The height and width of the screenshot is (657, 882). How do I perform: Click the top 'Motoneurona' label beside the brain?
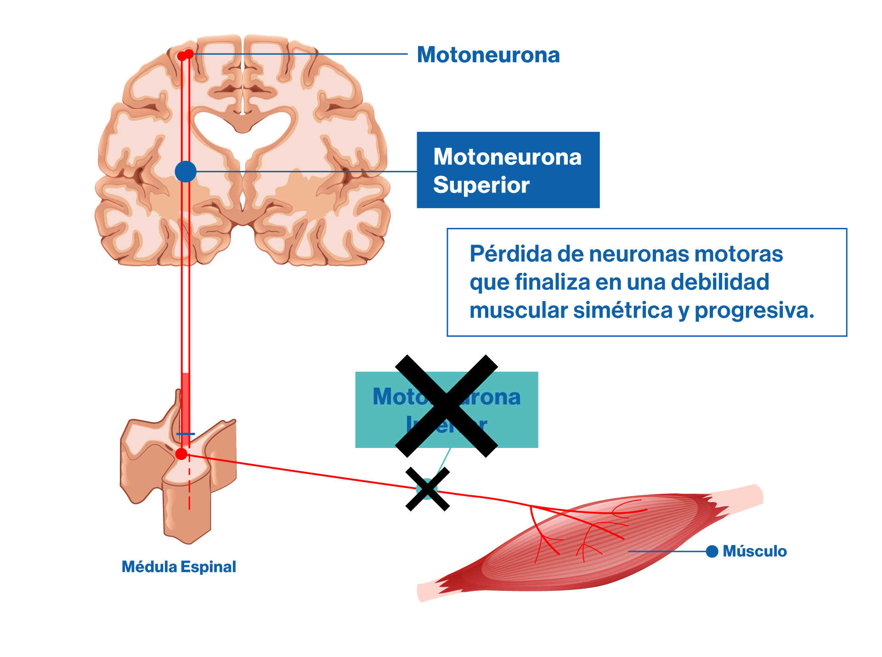(488, 55)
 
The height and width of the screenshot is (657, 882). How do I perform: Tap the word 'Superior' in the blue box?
(481, 185)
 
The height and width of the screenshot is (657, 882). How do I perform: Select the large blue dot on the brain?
(186, 172)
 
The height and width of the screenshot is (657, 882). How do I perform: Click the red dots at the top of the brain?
(186, 55)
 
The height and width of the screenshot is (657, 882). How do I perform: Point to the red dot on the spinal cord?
(181, 454)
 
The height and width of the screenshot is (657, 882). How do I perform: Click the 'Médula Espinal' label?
(179, 566)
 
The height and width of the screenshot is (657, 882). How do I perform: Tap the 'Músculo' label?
(754, 551)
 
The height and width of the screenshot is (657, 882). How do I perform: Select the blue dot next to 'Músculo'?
(712, 551)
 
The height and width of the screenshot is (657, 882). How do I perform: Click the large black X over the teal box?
(447, 406)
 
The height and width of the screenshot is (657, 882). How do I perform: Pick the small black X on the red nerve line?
(428, 489)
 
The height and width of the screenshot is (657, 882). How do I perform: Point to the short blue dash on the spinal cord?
(186, 434)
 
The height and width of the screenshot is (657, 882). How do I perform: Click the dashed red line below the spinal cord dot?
(189, 487)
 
